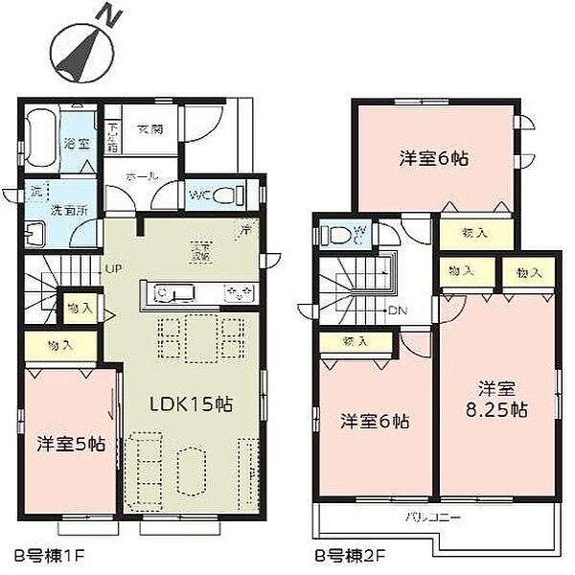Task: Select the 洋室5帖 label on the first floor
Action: [70, 445]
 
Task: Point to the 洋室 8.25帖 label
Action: [497, 399]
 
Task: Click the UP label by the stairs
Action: [113, 268]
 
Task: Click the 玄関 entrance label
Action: [149, 128]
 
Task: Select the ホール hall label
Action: [145, 175]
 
